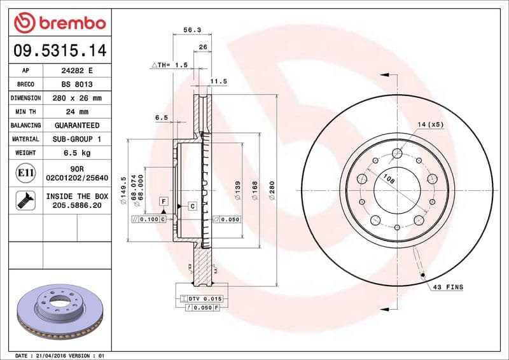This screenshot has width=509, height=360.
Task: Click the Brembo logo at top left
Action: [59, 24]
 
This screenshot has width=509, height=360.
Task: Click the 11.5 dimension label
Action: [218, 81]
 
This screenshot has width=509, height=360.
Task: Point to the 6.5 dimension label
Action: [161, 118]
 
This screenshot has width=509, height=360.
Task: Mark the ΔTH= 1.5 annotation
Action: [169, 65]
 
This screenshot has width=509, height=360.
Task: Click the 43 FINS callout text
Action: [448, 287]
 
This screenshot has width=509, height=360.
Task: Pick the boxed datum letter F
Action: [164, 201]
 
